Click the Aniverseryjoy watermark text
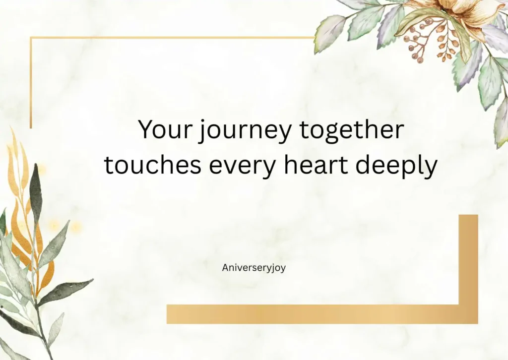(x=254, y=267)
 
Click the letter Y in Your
(x=145, y=130)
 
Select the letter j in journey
(x=201, y=132)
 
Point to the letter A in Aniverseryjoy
(x=225, y=267)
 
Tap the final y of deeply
(x=432, y=169)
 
